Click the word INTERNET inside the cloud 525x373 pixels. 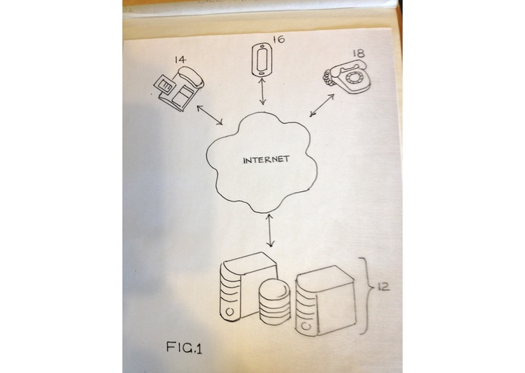point(266,159)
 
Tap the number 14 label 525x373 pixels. point(180,60)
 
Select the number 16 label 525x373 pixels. point(279,39)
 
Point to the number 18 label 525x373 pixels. point(359,53)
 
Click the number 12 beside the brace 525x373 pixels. point(384,287)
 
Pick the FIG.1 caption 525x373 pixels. point(184,347)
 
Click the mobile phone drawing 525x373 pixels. point(262,60)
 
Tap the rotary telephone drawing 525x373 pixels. point(347,76)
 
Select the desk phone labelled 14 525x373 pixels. point(178,88)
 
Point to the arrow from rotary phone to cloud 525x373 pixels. point(322,106)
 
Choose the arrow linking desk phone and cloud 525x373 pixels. point(210,116)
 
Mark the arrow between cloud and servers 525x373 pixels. point(270,230)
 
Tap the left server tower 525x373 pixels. point(247,287)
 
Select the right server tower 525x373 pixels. point(324,301)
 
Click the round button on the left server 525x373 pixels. point(230,312)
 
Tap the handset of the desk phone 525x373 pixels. point(191,76)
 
